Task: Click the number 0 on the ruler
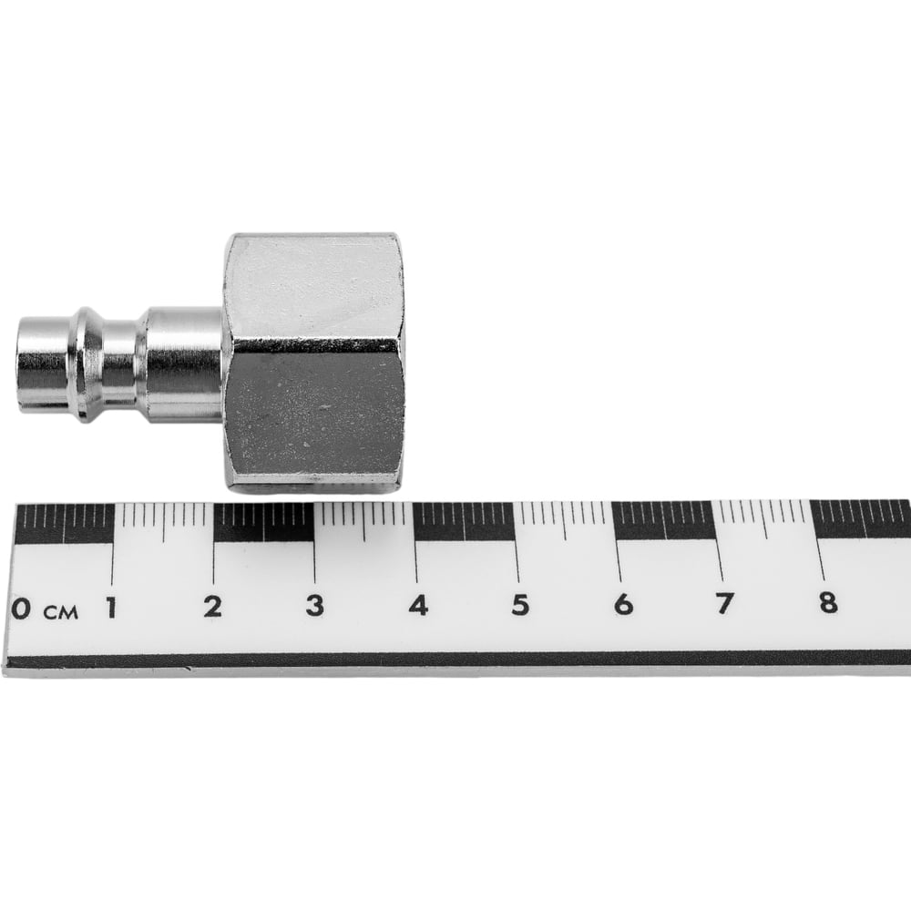(21, 609)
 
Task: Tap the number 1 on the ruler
(110, 608)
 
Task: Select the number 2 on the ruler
(212, 607)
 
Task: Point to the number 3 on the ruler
(315, 606)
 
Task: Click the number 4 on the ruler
(418, 605)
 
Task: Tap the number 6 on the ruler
(623, 604)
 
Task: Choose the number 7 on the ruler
(724, 603)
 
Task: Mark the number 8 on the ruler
(828, 602)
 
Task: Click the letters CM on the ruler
(60, 612)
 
